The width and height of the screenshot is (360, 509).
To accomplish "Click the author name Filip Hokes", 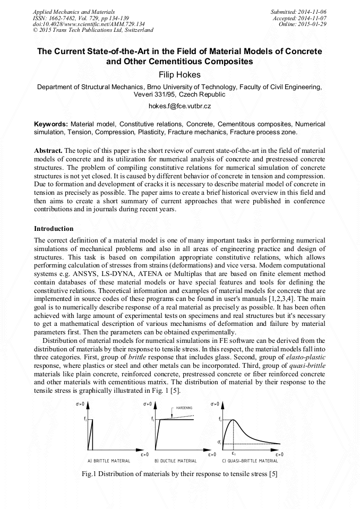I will pos(180,75).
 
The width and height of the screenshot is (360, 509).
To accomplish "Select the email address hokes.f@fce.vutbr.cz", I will pos(179,106).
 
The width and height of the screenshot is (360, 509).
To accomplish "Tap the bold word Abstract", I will pos(49,151).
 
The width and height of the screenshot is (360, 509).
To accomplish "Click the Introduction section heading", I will pos(54,229).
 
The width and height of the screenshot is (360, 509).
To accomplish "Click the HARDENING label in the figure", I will pos(184,408).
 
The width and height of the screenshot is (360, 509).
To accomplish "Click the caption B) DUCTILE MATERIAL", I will pos(175,461).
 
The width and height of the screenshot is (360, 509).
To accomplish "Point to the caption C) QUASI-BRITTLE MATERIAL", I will pos(250,461).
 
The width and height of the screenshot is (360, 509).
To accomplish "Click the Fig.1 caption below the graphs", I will pos(180,473).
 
